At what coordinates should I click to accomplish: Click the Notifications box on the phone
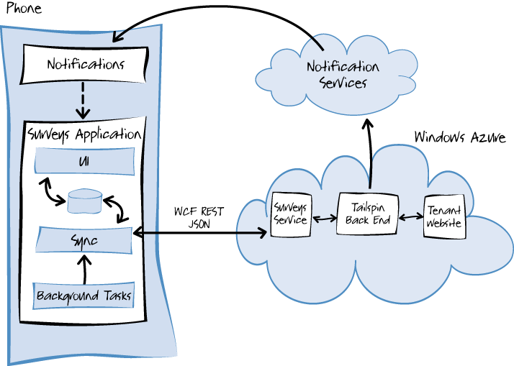click(86, 64)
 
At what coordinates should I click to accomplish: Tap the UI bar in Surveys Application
click(85, 160)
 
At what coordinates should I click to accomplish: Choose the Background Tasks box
click(85, 295)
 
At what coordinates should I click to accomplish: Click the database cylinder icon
click(85, 201)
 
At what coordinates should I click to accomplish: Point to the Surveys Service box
click(292, 214)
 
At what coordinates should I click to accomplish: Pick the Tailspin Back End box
click(368, 214)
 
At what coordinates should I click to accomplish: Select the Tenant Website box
click(443, 216)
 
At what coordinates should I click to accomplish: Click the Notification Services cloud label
click(343, 75)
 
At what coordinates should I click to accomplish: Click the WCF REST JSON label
click(199, 217)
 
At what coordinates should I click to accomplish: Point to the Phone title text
click(24, 9)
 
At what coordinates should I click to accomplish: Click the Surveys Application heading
click(84, 134)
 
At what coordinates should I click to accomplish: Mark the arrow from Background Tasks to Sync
click(85, 267)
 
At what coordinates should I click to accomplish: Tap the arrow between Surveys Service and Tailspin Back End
click(325, 217)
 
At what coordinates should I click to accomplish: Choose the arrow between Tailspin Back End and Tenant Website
click(410, 215)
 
